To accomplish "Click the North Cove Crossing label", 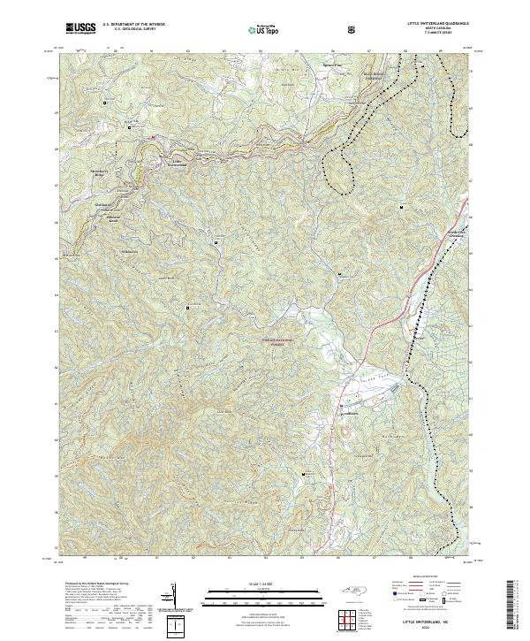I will click(455, 235).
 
